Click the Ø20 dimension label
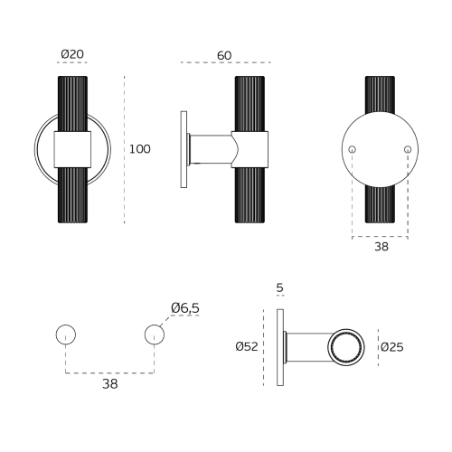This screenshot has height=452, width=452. coord(72,54)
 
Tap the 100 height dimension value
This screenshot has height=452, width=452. coord(140,149)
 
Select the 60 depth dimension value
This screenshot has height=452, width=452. coord(224,55)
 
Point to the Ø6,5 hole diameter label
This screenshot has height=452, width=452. coord(185,308)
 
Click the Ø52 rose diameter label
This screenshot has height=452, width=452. coord(247,346)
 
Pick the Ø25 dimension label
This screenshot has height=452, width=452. coord(391,347)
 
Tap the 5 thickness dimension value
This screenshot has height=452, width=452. coord(280,288)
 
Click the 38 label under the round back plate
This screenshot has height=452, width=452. coord(381,247)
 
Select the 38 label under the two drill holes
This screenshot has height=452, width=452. coord(110,384)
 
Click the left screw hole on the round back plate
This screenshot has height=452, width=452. coord(352,149)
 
